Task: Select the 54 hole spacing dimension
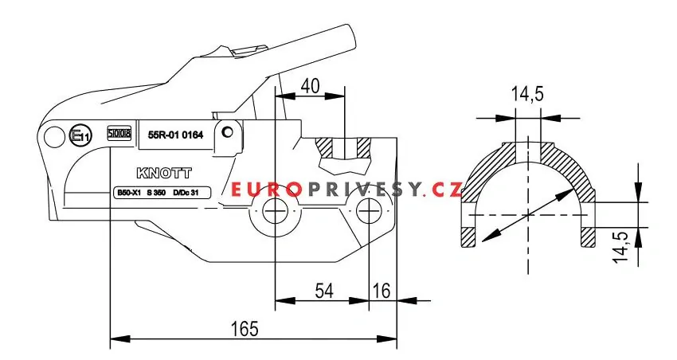323,292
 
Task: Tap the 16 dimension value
382,292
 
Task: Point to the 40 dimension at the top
311,84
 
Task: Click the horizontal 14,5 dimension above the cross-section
526,94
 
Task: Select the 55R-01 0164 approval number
176,135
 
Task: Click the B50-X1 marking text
128,193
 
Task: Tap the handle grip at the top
338,40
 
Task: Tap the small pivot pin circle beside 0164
228,131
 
